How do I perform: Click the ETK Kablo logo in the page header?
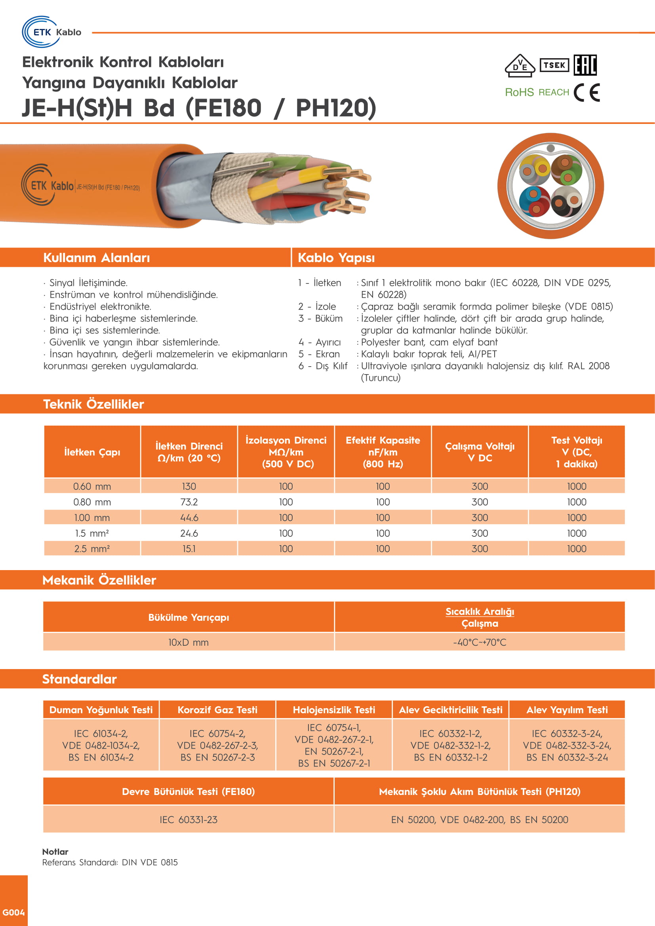[x=51, y=32]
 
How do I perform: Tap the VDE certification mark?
[x=520, y=65]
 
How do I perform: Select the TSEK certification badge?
[x=554, y=65]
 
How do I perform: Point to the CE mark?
[x=586, y=92]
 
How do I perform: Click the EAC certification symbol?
[x=585, y=65]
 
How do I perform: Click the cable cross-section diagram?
[x=550, y=186]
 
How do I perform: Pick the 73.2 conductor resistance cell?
[x=189, y=502]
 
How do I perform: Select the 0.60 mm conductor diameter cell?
[x=92, y=487]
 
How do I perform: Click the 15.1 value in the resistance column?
[x=189, y=549]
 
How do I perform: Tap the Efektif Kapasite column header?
[x=383, y=452]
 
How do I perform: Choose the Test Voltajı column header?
[x=576, y=452]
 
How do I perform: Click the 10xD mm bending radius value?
[x=189, y=643]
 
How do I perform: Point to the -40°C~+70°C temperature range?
[x=480, y=643]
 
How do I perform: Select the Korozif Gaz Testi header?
[x=217, y=710]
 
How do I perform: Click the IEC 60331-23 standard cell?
[x=189, y=820]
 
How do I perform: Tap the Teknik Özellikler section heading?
[x=93, y=404]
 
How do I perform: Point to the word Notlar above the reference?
[x=55, y=852]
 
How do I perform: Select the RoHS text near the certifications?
[x=519, y=92]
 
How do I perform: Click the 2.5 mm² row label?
[x=92, y=549]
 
